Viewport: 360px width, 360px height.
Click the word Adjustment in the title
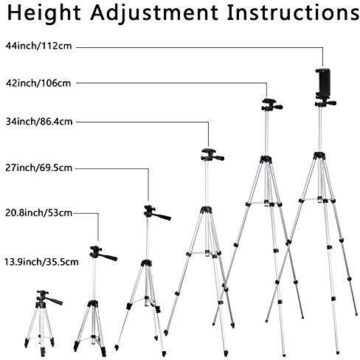tap(154, 14)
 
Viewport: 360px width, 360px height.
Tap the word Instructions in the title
tap(293, 13)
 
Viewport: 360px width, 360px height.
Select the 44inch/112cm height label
tap(38, 46)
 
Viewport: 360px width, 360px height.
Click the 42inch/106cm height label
tap(38, 83)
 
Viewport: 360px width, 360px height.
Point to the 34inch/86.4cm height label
tap(39, 122)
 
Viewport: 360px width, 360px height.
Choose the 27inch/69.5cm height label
tap(39, 168)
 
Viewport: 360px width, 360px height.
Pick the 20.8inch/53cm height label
tap(39, 212)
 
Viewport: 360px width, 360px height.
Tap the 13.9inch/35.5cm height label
tap(41, 262)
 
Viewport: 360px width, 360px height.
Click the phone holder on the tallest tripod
tap(323, 83)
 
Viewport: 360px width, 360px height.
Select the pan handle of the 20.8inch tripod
tap(108, 257)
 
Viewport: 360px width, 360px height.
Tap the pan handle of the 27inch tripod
tap(162, 216)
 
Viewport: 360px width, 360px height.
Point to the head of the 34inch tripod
tap(212, 155)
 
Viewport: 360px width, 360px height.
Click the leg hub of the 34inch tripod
tap(206, 210)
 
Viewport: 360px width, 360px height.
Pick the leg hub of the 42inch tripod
tap(266, 159)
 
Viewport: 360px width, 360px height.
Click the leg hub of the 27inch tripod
tap(146, 263)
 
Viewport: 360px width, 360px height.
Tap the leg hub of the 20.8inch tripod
tap(93, 303)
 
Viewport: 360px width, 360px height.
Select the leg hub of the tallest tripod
tap(319, 156)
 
